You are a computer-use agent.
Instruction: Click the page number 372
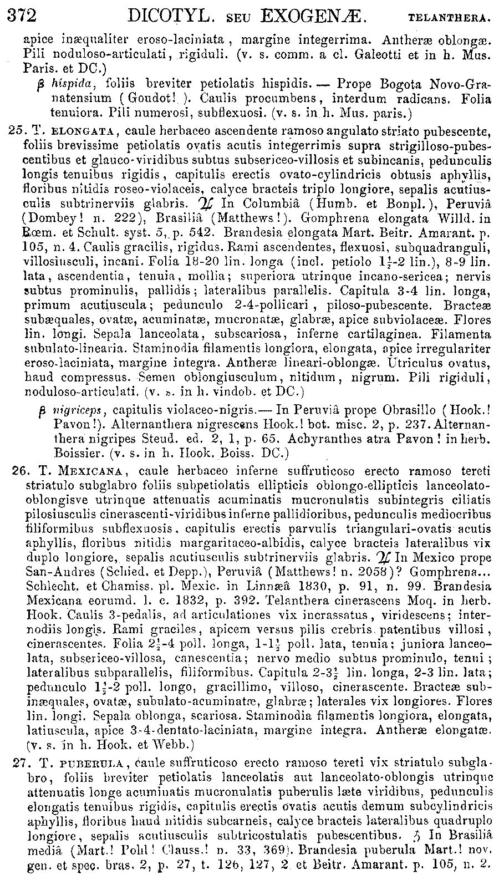click(22, 16)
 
